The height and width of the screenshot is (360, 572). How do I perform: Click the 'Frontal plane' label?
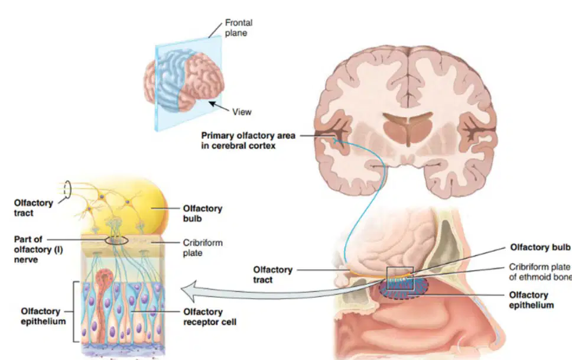[239, 28]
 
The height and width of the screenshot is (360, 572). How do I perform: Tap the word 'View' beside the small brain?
[242, 112]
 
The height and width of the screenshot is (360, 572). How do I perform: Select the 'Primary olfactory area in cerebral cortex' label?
[248, 141]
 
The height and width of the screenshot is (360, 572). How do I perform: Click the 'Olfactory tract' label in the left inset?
[33, 207]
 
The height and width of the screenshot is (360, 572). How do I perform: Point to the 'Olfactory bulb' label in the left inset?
[203, 213]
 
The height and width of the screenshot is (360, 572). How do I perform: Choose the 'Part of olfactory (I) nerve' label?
[38, 249]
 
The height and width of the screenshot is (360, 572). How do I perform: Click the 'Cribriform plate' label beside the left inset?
[203, 248]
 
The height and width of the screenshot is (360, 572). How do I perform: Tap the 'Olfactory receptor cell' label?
[210, 317]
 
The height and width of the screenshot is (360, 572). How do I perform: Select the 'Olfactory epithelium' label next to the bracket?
[43, 316]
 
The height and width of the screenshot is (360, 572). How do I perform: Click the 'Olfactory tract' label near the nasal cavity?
[273, 274]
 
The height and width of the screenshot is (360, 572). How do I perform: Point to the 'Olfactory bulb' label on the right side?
[540, 247]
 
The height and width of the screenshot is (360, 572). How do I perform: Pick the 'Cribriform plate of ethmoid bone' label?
[540, 272]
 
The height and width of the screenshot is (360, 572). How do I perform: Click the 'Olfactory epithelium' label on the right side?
[531, 300]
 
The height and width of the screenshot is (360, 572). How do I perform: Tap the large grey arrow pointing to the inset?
[277, 291]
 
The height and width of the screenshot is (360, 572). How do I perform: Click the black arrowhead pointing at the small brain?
[212, 104]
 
